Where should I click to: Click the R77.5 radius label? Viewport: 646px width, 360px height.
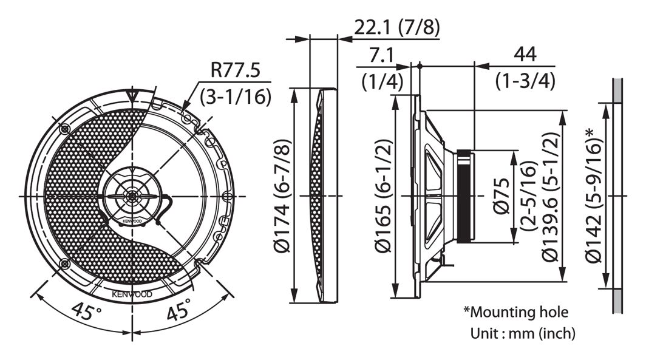coord(235,70)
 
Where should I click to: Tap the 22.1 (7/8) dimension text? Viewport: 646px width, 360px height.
coord(397,27)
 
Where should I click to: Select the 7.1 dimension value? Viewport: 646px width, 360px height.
coord(381,55)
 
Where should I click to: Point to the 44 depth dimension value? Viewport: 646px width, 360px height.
coord(525,55)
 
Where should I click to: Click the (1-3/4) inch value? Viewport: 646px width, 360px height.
coord(525,81)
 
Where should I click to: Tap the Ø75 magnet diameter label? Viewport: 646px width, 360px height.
coord(501,196)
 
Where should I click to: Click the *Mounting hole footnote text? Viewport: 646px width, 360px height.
coord(515,312)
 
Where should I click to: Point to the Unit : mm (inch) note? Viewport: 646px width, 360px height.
coord(522,333)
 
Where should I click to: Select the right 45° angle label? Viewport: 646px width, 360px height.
coord(179,309)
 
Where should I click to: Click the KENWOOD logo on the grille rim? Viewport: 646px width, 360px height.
coord(132,294)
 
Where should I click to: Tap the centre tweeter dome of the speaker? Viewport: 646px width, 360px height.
coord(132,196)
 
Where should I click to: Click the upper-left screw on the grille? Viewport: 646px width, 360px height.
coord(65,129)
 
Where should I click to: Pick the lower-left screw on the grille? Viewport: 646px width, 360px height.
coord(65,263)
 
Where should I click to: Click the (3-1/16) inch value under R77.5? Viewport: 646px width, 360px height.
coord(235,97)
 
